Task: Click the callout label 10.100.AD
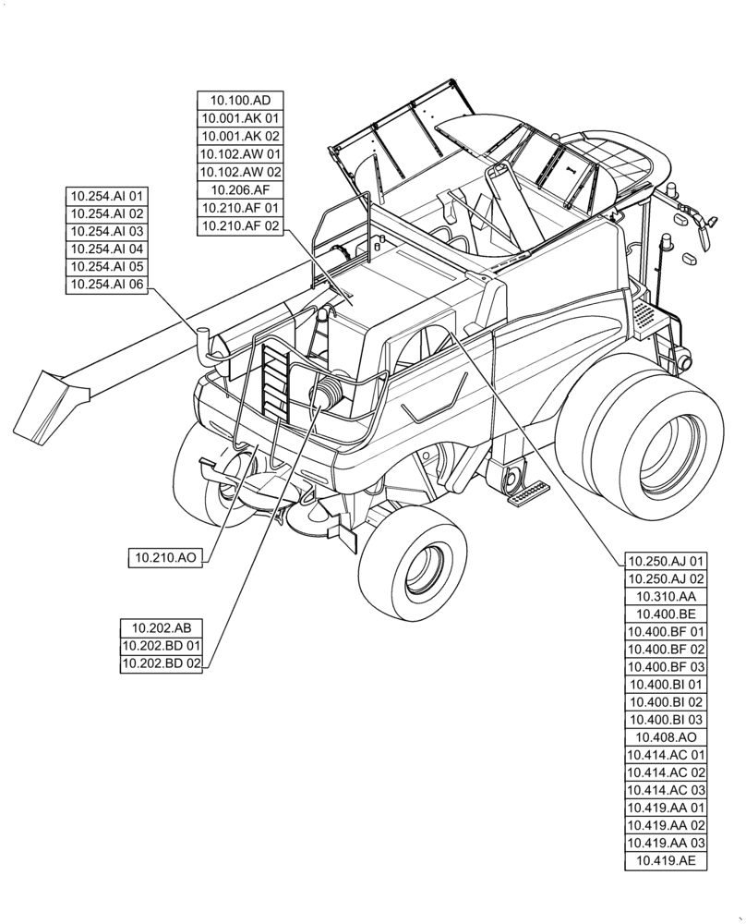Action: [x=240, y=101]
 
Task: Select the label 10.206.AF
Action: [x=240, y=190]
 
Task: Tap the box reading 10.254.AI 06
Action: [x=106, y=286]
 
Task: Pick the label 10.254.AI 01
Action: [x=106, y=196]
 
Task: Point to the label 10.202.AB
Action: [x=162, y=627]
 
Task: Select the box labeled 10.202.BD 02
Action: [x=162, y=663]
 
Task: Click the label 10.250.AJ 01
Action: [x=666, y=561]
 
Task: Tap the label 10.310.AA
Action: [x=666, y=596]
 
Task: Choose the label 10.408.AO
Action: [x=666, y=737]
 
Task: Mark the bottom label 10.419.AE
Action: [x=666, y=861]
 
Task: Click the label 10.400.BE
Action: [x=666, y=614]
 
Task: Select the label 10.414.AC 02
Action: [x=666, y=772]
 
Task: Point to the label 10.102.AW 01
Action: [x=240, y=154]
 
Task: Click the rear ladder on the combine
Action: [x=275, y=379]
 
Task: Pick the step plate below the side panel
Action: [x=527, y=494]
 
